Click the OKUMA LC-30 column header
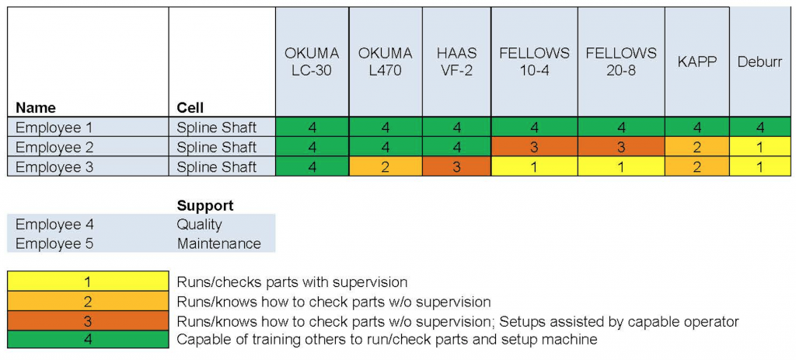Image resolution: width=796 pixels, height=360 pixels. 312,61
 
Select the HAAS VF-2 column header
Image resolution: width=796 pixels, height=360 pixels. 456,61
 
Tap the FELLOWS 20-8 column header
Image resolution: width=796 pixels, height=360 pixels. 621,61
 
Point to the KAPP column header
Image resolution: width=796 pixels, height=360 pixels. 697,61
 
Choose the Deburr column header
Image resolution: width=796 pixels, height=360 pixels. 760,61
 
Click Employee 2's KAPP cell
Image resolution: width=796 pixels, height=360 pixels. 697,147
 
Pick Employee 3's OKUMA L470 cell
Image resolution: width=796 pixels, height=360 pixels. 386,166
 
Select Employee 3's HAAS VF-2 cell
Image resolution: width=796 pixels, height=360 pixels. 456,166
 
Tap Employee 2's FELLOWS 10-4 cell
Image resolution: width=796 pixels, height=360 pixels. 534,147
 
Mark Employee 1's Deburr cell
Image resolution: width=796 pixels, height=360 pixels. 760,127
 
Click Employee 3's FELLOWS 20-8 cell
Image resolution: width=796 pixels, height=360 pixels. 621,166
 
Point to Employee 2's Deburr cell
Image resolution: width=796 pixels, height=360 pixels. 760,147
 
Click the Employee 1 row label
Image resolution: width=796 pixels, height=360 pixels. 54,128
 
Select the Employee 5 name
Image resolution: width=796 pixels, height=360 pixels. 54,243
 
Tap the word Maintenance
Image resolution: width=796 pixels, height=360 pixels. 218,243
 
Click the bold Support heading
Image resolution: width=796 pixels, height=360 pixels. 205,205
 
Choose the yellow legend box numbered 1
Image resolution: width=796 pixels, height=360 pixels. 88,281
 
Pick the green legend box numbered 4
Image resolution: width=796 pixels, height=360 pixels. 88,339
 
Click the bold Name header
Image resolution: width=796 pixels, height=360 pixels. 36,108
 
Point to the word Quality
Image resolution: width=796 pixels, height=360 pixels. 200,225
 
